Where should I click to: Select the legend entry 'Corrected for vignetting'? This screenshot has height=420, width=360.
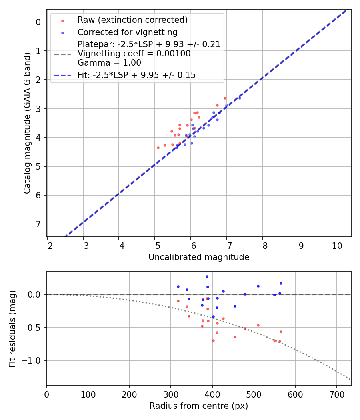click(x=128, y=32)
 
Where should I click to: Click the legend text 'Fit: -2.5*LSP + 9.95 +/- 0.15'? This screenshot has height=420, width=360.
click(x=137, y=75)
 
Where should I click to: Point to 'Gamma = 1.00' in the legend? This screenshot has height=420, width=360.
click(x=109, y=63)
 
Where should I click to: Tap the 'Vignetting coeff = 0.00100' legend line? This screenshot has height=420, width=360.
click(x=134, y=54)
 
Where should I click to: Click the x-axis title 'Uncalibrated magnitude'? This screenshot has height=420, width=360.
click(x=199, y=257)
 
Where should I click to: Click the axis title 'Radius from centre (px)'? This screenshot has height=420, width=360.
click(x=199, y=406)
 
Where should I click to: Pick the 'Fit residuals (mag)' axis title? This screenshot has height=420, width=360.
click(x=13, y=329)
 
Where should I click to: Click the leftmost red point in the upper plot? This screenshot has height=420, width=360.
click(x=158, y=148)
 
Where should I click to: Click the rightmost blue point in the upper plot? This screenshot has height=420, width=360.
click(x=240, y=98)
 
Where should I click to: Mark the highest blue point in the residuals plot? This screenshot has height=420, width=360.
click(x=207, y=276)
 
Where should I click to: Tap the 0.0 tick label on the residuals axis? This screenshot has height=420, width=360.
click(x=36, y=294)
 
